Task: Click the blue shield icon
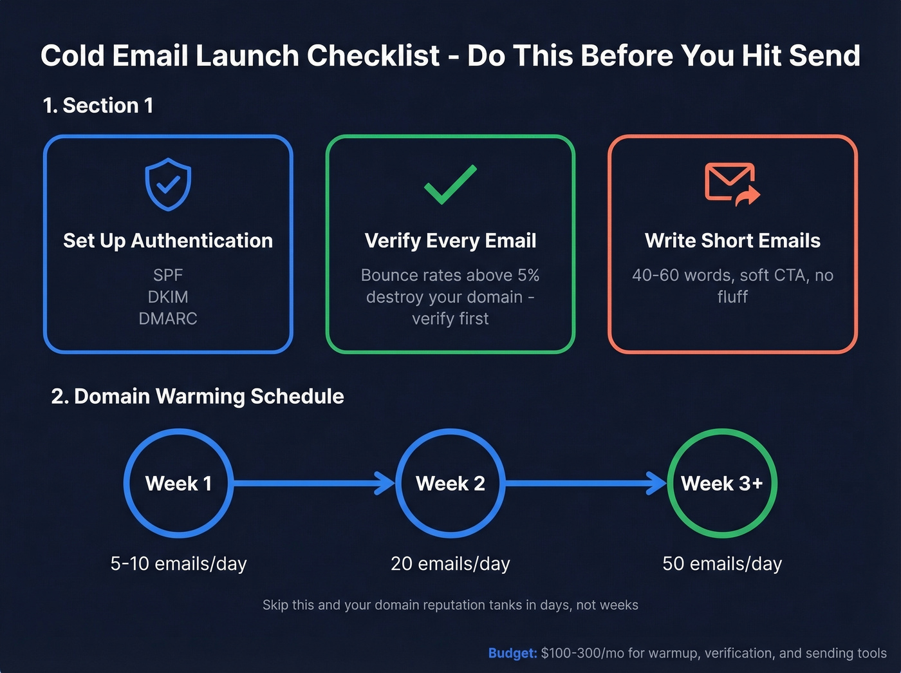point(168,184)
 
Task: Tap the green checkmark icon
point(450,185)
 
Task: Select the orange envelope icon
point(732,184)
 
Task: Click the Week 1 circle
point(178,483)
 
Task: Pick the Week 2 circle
point(450,483)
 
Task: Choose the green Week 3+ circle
point(722,483)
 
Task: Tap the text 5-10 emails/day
point(178,564)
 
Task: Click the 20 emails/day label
point(450,564)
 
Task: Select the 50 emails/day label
point(722,564)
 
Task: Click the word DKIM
point(168,297)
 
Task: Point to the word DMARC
point(168,319)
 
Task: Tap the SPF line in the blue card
point(168,275)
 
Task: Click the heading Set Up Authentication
point(168,241)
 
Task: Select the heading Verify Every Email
point(450,241)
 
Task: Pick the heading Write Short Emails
point(732,241)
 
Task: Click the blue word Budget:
point(512,653)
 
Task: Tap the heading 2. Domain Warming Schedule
point(198,396)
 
